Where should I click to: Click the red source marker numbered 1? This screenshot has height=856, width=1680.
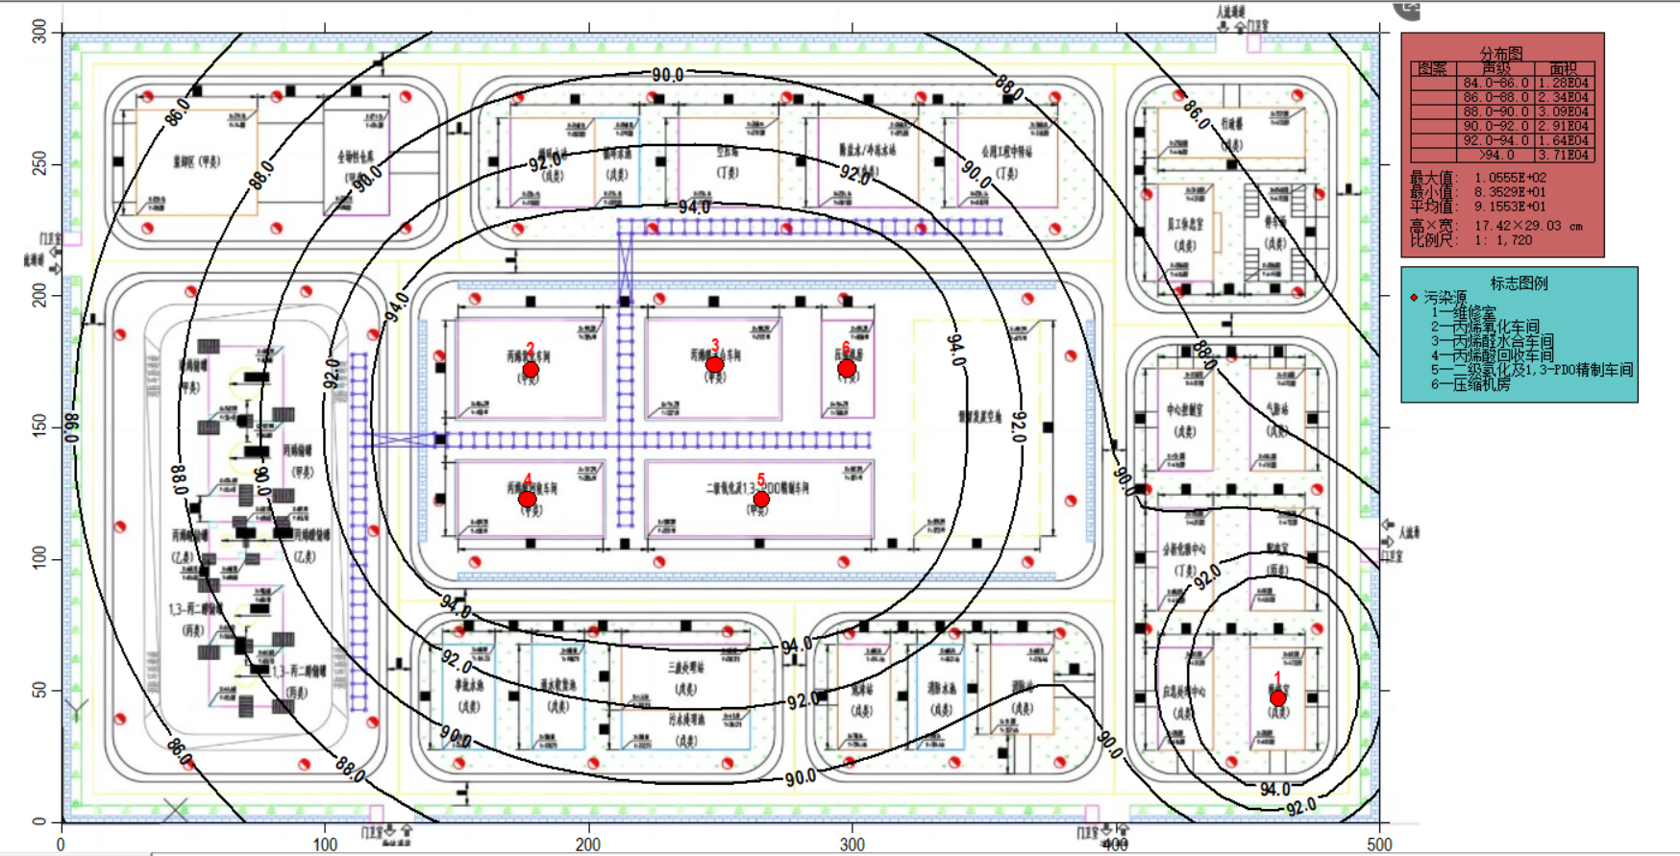point(1277,698)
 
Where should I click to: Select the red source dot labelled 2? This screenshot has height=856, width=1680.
point(531,370)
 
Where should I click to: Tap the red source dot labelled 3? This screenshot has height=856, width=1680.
point(714,365)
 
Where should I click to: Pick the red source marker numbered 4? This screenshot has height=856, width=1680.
point(527,499)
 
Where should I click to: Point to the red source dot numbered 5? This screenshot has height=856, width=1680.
point(761,500)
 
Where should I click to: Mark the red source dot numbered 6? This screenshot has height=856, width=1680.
point(847,368)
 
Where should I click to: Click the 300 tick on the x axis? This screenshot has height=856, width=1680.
point(852,844)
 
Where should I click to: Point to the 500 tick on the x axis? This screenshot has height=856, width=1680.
point(1379,844)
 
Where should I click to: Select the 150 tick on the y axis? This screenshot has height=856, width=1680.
point(39,427)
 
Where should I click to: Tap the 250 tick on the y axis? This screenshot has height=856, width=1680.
point(39,164)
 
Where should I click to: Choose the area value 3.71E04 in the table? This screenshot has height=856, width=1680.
point(1563,155)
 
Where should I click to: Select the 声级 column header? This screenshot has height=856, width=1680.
point(1495,69)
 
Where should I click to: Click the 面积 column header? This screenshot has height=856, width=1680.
point(1563,69)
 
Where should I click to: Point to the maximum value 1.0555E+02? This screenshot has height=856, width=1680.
point(1510,178)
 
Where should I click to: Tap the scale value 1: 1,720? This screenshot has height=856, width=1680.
point(1503,240)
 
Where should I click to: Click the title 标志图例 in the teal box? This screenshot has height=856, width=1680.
point(1519,283)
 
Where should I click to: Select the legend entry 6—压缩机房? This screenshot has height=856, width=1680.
point(1470,384)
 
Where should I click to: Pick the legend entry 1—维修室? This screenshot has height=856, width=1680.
point(1463,312)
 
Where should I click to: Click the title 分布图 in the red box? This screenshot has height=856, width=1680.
point(1501,54)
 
